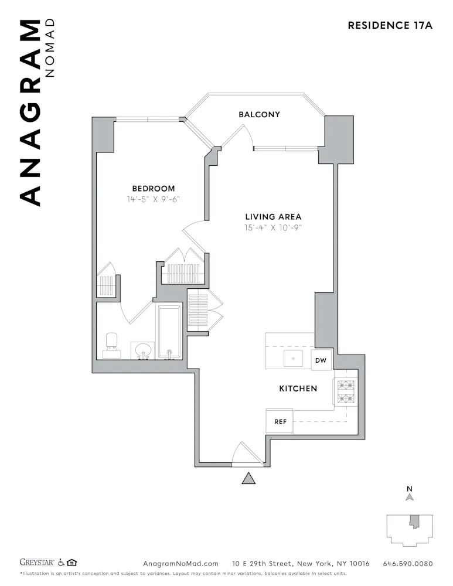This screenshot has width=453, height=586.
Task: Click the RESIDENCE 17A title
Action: point(390,25)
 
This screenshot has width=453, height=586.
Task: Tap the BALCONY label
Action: point(259,114)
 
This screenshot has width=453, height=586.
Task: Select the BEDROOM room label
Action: point(153,188)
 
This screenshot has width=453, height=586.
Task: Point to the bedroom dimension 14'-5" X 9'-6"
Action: point(153,199)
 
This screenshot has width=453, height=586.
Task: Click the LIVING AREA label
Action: point(273,217)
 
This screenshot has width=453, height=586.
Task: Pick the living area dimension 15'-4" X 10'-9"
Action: point(273,227)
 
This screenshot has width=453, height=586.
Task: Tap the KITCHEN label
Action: point(298,388)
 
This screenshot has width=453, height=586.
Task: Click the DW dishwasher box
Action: point(321,360)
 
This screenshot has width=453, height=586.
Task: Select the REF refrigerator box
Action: point(280,422)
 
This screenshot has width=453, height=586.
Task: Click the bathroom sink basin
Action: point(142,351)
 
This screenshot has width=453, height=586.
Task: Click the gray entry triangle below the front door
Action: point(249,479)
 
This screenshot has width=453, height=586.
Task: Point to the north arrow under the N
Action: point(410,497)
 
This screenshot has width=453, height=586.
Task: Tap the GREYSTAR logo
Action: point(37,563)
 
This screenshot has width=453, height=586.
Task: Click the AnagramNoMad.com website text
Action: point(180,563)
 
